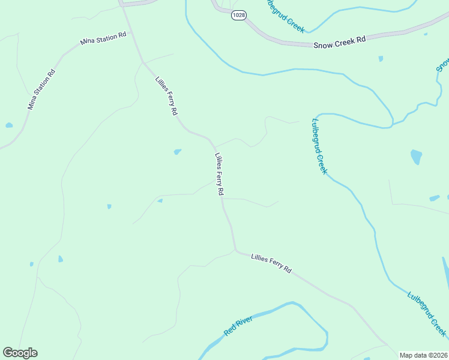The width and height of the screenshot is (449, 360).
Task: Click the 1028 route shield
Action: [x=238, y=16]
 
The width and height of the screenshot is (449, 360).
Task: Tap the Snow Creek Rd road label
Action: [x=339, y=42]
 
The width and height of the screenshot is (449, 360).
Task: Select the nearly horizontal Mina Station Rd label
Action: [x=103, y=39]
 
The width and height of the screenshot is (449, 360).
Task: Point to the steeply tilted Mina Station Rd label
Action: [x=41, y=89]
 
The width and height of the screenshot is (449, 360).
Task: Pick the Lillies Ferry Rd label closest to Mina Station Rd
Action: [x=166, y=96]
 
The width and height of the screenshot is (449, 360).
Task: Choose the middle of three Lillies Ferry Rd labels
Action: [x=219, y=175]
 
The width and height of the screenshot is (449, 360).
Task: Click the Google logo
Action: [x=20, y=353]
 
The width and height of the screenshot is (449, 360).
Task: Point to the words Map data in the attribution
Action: [x=413, y=355]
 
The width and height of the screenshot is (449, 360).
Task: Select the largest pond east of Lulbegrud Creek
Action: [x=416, y=157]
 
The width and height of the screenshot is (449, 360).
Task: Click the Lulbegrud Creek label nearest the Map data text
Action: [x=426, y=314]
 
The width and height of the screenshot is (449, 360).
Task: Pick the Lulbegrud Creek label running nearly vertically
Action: [x=319, y=146]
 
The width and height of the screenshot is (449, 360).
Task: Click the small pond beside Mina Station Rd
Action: [x=9, y=125]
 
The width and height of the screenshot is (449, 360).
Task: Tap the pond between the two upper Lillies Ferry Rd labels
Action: [x=177, y=152]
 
